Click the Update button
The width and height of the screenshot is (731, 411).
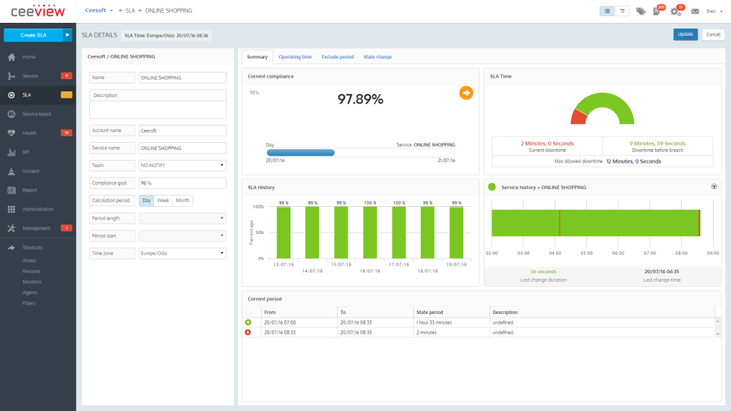pos(685,34)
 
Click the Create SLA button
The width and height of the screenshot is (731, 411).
pos(33,34)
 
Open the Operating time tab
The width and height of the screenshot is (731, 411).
pos(295,57)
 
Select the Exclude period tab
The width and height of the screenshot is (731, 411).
pos(338,57)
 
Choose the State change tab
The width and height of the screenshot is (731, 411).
pos(378,57)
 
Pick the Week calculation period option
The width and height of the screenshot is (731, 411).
pos(163,201)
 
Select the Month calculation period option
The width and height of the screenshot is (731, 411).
pos(183,201)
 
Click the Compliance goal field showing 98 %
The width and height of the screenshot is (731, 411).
pos(182,183)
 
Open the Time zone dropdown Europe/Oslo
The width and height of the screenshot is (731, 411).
pos(182,253)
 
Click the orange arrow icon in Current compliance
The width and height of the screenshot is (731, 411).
pos(465,92)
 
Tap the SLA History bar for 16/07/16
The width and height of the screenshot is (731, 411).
pos(369,233)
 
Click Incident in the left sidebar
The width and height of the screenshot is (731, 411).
pos(31,171)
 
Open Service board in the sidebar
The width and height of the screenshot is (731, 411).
pos(36,114)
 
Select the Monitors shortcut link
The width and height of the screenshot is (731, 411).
pos(31,282)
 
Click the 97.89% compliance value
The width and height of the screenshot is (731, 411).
pos(361,100)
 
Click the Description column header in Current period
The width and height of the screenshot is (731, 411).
pos(505,312)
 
